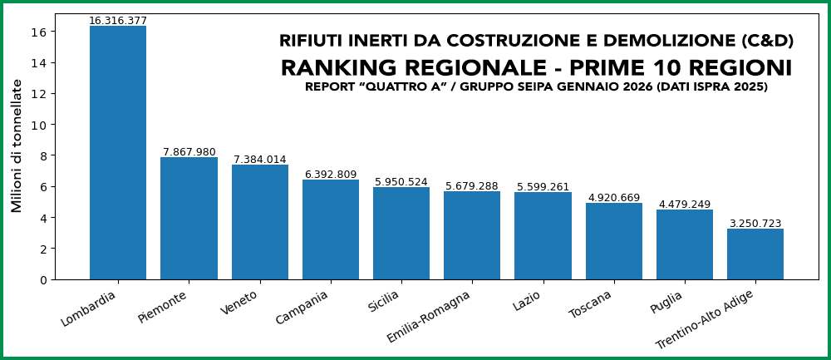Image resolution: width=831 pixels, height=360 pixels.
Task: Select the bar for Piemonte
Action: click(x=189, y=218)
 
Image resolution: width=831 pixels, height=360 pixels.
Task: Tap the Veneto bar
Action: click(x=260, y=222)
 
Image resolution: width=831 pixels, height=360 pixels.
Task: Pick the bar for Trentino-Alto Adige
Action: click(x=755, y=254)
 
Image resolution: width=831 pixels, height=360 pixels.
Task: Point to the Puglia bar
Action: click(x=685, y=244)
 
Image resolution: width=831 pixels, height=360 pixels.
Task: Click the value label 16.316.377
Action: click(x=118, y=21)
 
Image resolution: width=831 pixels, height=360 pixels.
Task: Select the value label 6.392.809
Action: click(x=331, y=175)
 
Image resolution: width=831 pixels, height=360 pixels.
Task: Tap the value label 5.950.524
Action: click(x=401, y=182)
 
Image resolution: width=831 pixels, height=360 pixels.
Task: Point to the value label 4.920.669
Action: click(x=614, y=198)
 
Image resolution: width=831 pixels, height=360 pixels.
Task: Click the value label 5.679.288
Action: click(x=472, y=186)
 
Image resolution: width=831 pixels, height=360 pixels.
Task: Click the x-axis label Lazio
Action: click(x=527, y=299)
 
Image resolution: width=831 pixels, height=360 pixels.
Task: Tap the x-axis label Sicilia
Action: click(x=384, y=301)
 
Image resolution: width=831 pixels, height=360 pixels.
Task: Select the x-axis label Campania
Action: click(x=302, y=308)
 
